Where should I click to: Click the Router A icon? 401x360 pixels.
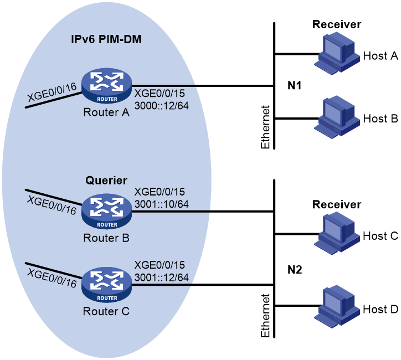pos(107,86)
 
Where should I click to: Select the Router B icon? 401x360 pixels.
pos(107,212)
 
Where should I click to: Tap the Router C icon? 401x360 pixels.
pos(107,285)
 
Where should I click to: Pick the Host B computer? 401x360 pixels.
pos(337,117)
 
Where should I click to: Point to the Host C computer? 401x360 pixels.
pos(337,234)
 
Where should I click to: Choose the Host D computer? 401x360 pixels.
pos(337,306)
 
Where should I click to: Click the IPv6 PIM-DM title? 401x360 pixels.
pos(106,39)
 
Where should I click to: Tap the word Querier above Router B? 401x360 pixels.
pos(106,181)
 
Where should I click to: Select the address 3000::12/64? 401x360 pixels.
pos(162,106)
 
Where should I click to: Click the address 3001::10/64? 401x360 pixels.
pos(162,204)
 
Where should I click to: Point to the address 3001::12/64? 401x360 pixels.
pos(162,277)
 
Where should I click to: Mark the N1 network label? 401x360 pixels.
pos(294,85)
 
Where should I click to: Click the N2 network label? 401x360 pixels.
pos(295,270)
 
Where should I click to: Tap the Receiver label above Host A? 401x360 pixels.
pos(337,24)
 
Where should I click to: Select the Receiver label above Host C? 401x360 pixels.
pos(337,204)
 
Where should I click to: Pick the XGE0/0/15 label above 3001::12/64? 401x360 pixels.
pos(160,265)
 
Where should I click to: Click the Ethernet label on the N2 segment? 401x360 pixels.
pos(265,316)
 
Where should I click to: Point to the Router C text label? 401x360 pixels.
pos(106,311)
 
